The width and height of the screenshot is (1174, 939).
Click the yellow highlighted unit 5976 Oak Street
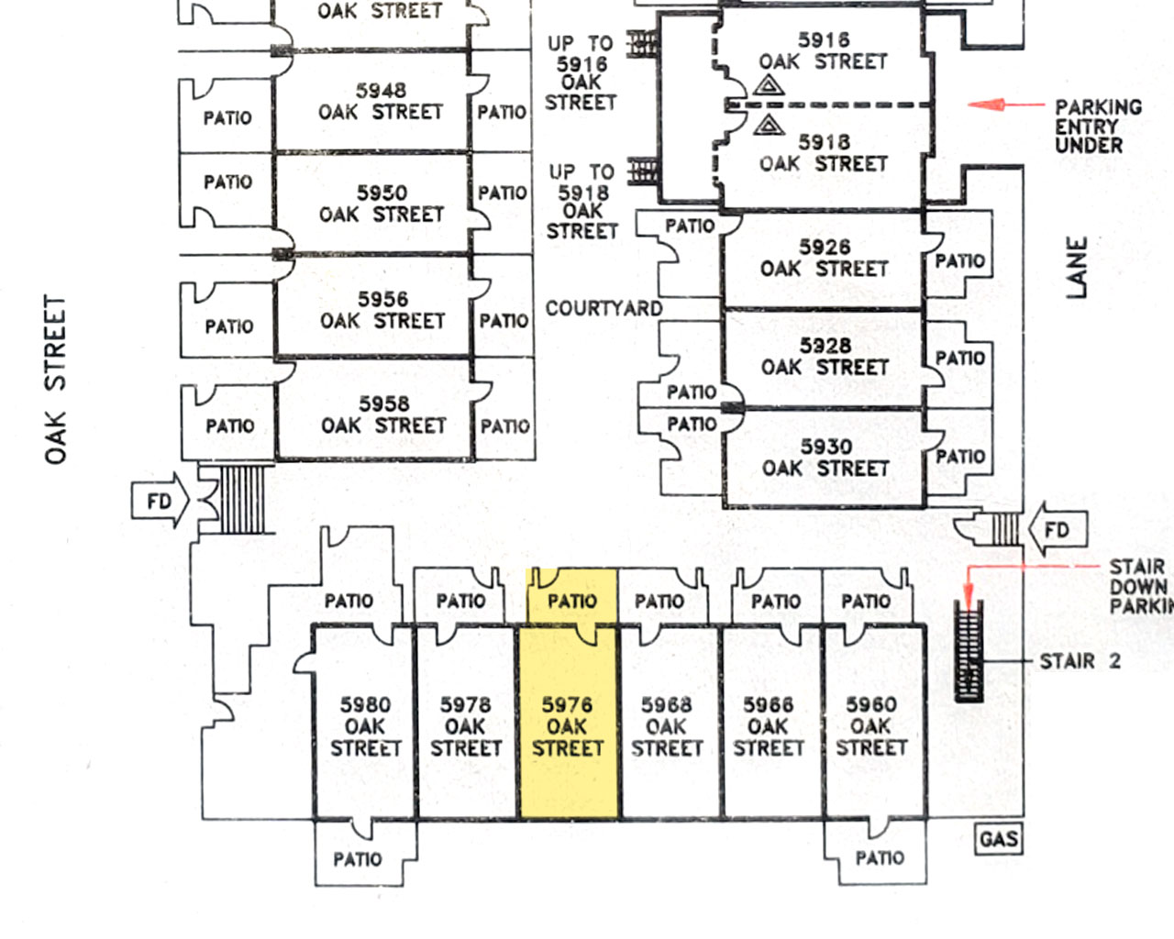568,724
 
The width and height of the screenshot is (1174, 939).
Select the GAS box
998,839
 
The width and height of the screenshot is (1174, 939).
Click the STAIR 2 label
1080,661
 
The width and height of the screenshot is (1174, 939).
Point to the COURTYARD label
604,308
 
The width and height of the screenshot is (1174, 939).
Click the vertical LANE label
1077,267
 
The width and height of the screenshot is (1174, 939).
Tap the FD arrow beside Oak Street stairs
161,502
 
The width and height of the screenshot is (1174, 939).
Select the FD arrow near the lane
1055,530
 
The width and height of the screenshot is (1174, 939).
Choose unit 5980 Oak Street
365,725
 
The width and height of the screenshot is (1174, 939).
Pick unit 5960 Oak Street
870,725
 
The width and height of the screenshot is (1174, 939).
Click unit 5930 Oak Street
825,458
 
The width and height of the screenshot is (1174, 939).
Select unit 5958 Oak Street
383,414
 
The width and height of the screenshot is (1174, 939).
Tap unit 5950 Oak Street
382,204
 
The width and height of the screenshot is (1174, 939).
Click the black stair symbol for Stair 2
969,653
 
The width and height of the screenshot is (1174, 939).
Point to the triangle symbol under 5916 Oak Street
769,86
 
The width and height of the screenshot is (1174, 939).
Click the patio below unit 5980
358,858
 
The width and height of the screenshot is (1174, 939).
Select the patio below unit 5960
880,857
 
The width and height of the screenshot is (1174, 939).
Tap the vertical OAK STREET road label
56,379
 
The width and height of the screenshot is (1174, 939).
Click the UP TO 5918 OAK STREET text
582,202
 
